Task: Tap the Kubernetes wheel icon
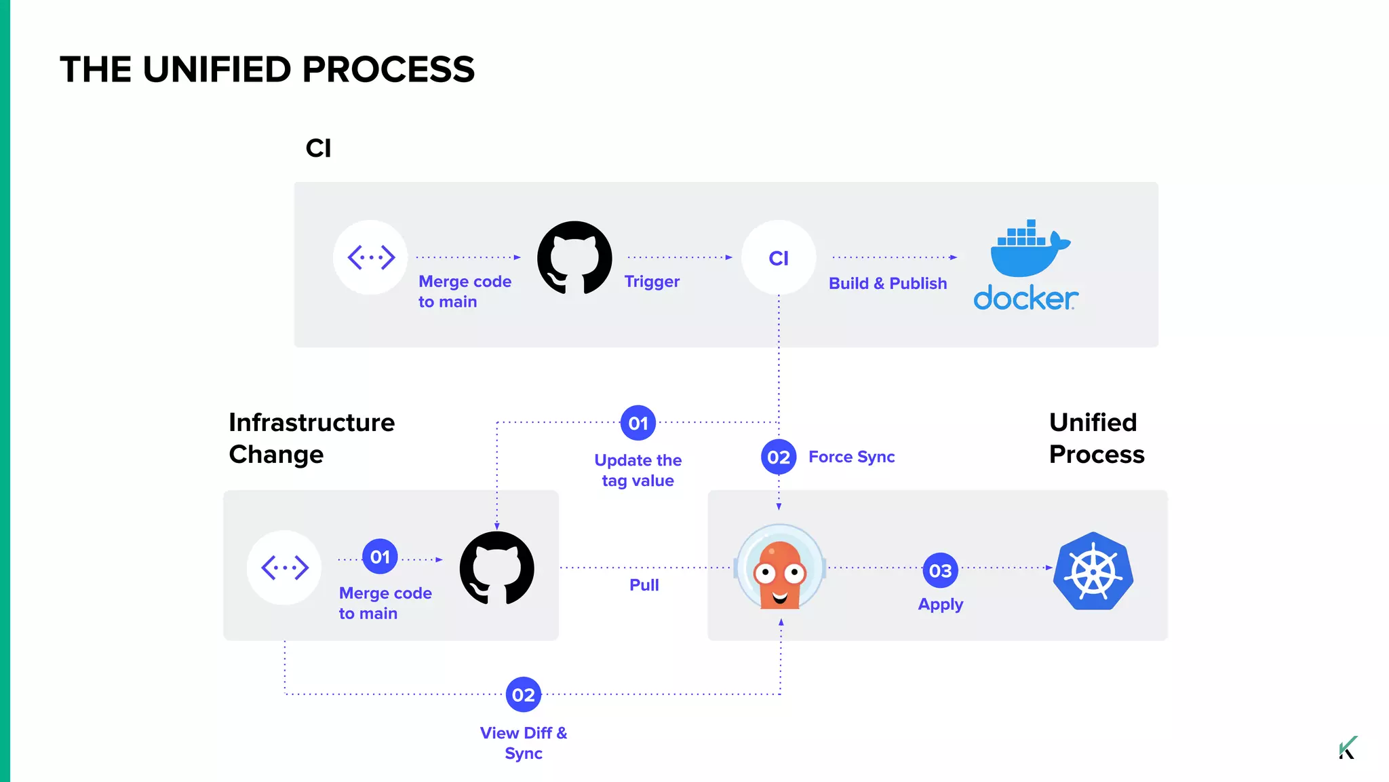pos(1093,571)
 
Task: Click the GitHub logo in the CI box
pos(574,258)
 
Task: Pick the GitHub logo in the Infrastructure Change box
pos(497,568)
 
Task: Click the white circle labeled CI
pos(779,258)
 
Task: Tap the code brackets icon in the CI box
pos(371,258)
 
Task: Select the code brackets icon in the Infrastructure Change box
pos(285,567)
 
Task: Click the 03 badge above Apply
pos(940,571)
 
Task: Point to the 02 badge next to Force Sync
pos(779,458)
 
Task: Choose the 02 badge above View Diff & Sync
pos(524,694)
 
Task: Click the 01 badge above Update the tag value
pos(638,424)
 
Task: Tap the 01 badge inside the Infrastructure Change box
pos(380,557)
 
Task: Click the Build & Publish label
pos(888,284)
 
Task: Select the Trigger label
pos(652,282)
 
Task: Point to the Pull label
pos(644,585)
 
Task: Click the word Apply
pos(941,604)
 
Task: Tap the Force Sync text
pos(852,458)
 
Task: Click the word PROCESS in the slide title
pos(389,70)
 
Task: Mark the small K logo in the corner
pos(1348,748)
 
